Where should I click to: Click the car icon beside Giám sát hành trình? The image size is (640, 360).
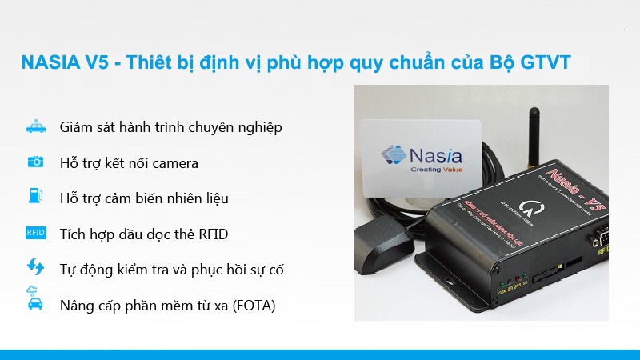coord(35,127)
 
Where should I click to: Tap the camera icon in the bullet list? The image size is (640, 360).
coord(35,162)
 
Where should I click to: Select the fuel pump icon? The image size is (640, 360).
coord(35,197)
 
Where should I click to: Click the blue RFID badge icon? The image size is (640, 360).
coord(35,233)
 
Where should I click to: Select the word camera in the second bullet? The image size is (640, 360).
coord(171,163)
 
